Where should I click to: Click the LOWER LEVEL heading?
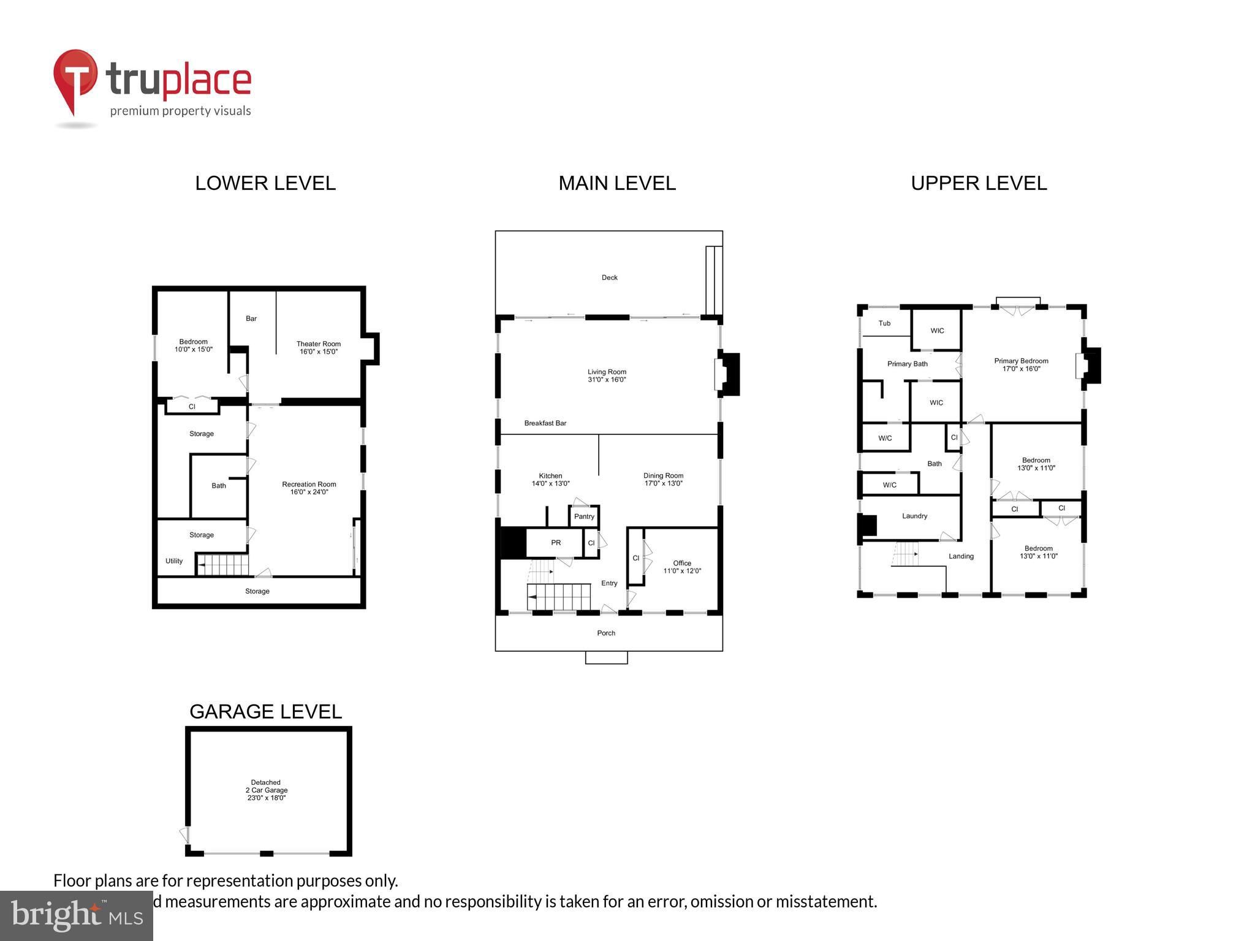pyautogui.click(x=265, y=183)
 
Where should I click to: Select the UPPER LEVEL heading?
pyautogui.click(x=979, y=183)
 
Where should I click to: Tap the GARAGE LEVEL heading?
pyautogui.click(x=265, y=711)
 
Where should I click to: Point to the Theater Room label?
pyautogui.click(x=318, y=347)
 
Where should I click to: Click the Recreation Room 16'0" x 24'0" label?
pyautogui.click(x=309, y=488)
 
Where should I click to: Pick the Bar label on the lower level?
pyautogui.click(x=251, y=319)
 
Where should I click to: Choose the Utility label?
pyautogui.click(x=174, y=561)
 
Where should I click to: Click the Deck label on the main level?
pyautogui.click(x=609, y=278)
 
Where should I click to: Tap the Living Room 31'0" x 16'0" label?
pyautogui.click(x=607, y=376)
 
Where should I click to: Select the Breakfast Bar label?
pyautogui.click(x=545, y=423)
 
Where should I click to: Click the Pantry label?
pyautogui.click(x=584, y=516)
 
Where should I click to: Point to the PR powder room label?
pyautogui.click(x=556, y=543)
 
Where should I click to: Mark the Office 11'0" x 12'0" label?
pyautogui.click(x=681, y=567)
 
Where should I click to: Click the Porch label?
pyautogui.click(x=606, y=633)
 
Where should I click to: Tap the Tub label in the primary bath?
pyautogui.click(x=884, y=323)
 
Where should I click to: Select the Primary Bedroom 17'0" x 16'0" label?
pyautogui.click(x=1021, y=365)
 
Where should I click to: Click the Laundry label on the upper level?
pyautogui.click(x=914, y=516)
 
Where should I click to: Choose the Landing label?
pyautogui.click(x=961, y=556)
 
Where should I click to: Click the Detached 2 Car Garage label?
pyautogui.click(x=266, y=790)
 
